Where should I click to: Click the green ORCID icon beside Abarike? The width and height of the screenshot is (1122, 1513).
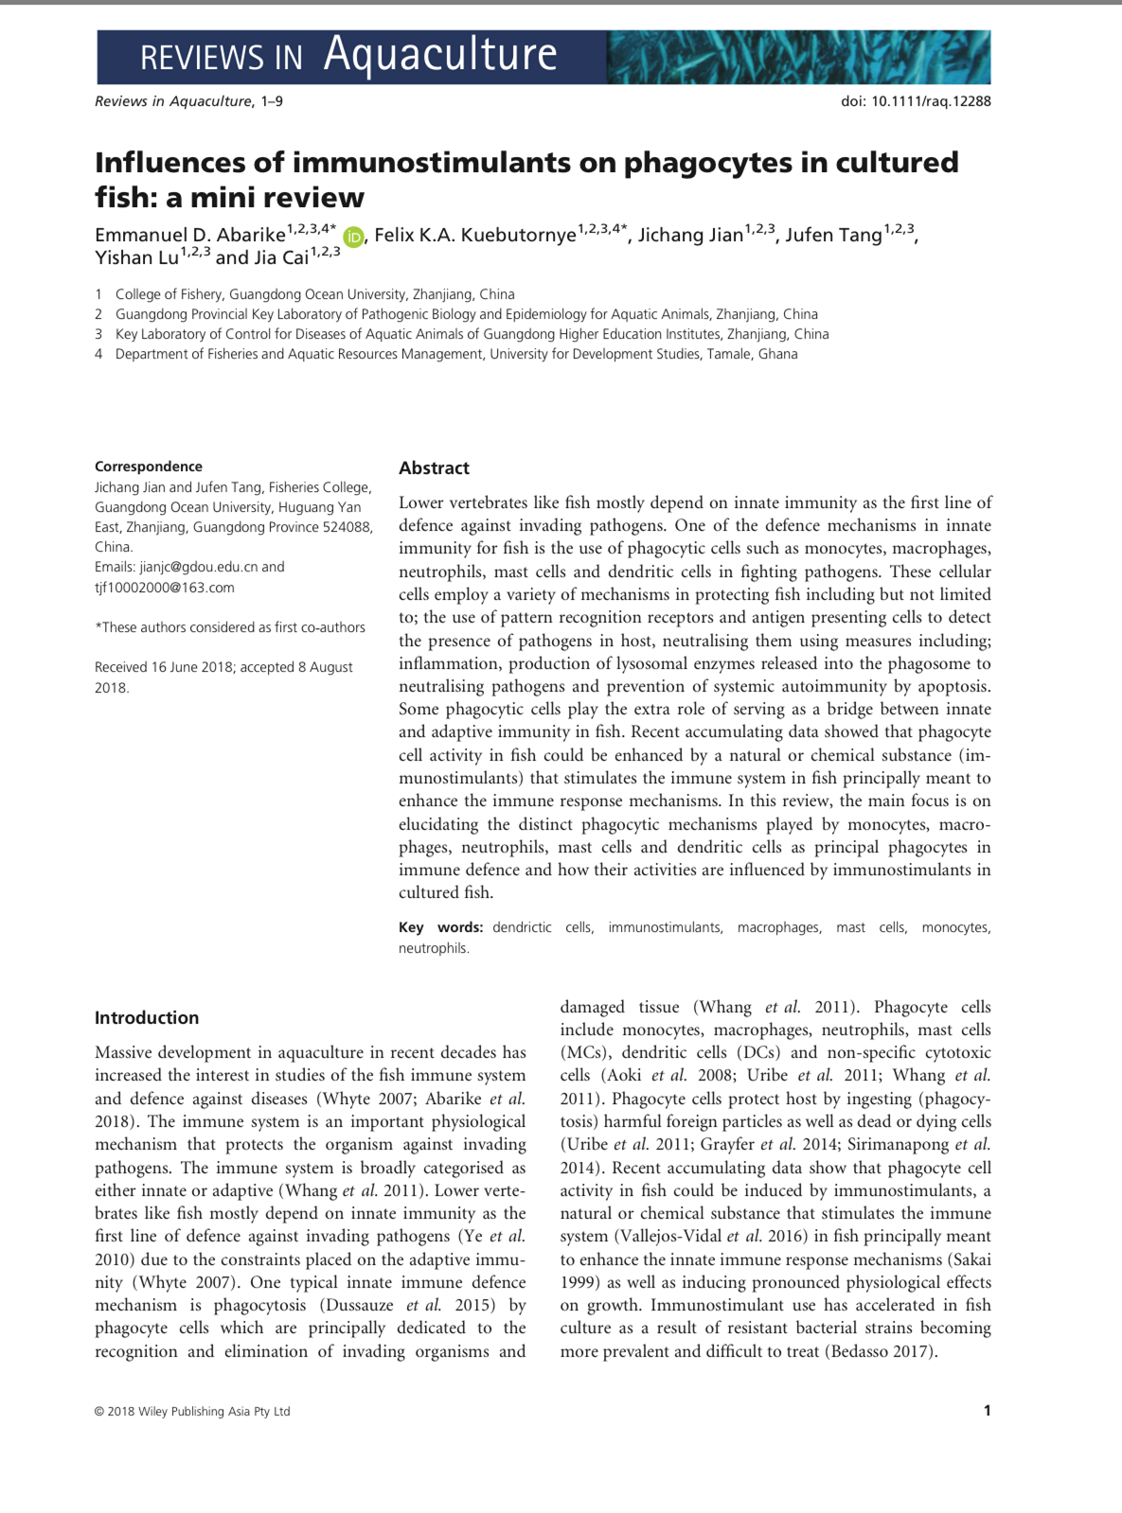[353, 237]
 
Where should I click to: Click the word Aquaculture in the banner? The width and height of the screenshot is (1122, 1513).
[440, 54]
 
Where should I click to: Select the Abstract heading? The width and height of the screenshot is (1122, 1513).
[434, 468]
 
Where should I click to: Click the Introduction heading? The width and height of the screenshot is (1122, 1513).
[147, 1018]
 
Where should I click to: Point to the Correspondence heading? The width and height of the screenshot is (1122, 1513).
[149, 466]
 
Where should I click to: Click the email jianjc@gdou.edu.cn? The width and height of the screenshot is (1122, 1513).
[198, 567]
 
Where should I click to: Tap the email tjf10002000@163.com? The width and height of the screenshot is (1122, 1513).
[165, 588]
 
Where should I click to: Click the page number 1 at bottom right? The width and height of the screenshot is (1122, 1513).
[987, 1411]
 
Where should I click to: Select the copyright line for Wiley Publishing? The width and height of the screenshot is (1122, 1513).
[192, 1412]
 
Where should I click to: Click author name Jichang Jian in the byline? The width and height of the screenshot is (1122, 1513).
[690, 236]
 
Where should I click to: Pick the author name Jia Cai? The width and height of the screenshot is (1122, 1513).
[281, 258]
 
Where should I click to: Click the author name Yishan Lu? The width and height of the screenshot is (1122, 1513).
[136, 258]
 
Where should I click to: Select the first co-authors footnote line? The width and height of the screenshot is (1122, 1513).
[230, 627]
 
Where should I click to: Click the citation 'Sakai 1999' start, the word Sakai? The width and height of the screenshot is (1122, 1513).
[966, 1259]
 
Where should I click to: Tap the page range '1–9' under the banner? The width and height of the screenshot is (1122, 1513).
[272, 101]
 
